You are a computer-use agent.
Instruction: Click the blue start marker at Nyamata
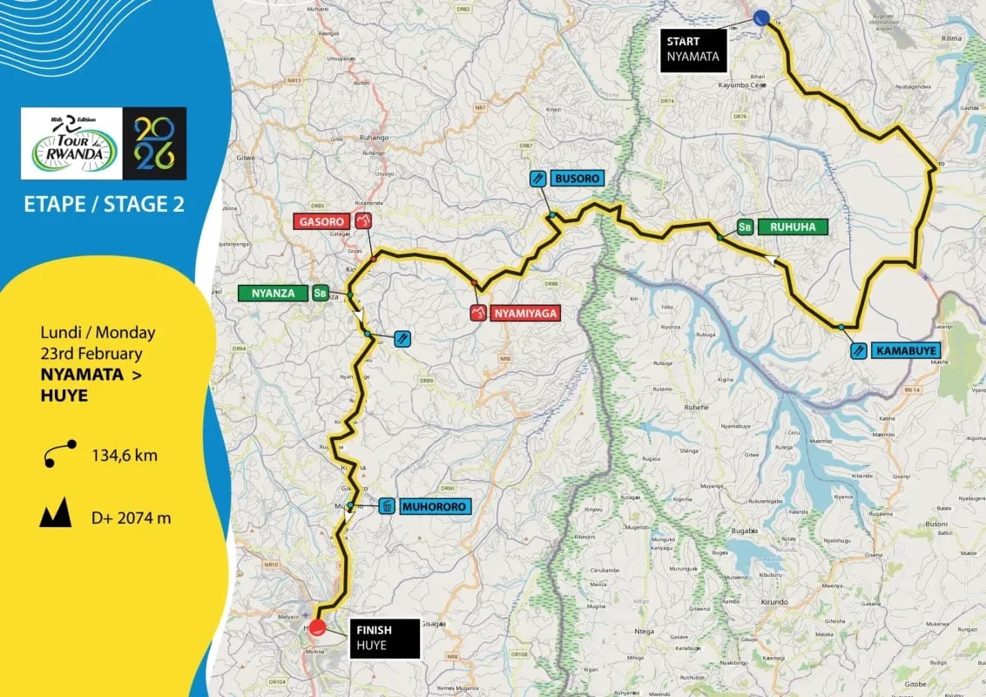[761, 17]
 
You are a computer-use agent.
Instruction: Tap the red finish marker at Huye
[318, 626]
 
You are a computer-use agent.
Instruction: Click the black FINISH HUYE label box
[383, 638]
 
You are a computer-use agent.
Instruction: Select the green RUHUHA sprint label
[792, 227]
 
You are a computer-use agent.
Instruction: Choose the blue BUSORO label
[576, 179]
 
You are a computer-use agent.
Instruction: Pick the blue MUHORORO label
[436, 506]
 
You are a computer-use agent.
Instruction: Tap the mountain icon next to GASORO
[363, 221]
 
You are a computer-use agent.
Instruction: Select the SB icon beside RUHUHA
[744, 227]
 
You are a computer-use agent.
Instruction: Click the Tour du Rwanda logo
[71, 143]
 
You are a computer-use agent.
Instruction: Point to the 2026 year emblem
[154, 143]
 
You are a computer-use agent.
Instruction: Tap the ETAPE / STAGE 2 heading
[104, 205]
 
